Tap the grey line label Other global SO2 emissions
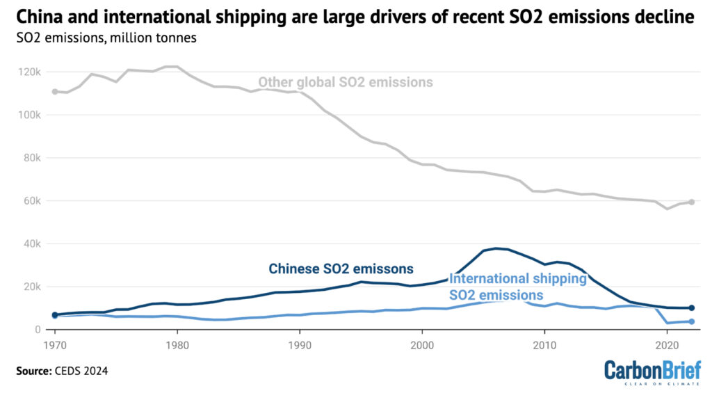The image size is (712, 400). pos(346,83)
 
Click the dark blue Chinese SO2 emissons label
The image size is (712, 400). pos(341,269)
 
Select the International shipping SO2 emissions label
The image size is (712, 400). pos(518,287)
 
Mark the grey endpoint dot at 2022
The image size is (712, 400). pos(691,202)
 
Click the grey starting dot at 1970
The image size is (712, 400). pos(54,91)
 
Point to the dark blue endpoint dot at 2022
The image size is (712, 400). pos(691,307)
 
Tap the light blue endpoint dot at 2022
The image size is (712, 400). pos(691,321)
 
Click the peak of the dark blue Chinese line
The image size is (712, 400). pos(496,248)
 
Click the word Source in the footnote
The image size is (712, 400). pos(33,371)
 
